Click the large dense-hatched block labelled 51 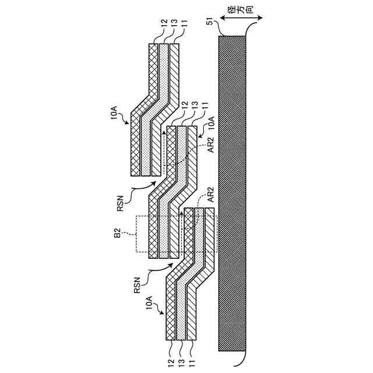tap(232, 192)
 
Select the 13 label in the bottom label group tap(181, 353)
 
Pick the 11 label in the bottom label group tap(191, 353)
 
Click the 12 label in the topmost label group tap(154, 23)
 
